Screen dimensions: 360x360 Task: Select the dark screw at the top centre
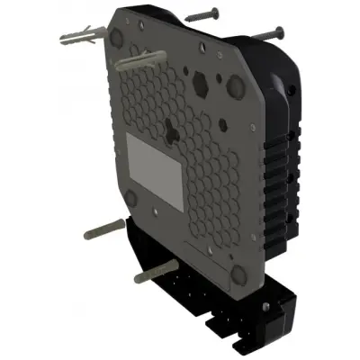pyautogui.click(x=203, y=15)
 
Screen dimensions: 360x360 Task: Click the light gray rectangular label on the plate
pyautogui.click(x=154, y=160)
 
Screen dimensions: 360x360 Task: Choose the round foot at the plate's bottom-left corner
pyautogui.click(x=130, y=200)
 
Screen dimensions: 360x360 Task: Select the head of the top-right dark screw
pyautogui.click(x=280, y=31)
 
